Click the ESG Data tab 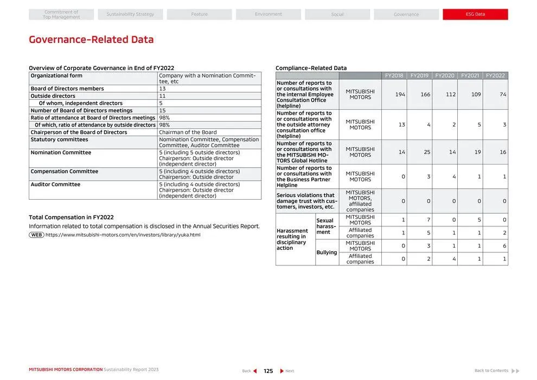(475, 15)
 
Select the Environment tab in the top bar (268, 15)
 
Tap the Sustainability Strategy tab (130, 15)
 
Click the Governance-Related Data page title (91, 40)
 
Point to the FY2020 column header (445, 75)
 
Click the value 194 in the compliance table (400, 94)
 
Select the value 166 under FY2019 (425, 94)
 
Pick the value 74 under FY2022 (503, 94)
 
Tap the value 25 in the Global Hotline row (427, 152)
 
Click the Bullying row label (327, 252)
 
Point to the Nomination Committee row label (61, 153)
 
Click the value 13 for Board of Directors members (162, 88)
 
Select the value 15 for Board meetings (162, 111)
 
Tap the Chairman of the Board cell (188, 132)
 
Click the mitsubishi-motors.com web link (123, 235)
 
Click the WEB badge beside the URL (36, 235)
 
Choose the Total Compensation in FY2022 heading (71, 217)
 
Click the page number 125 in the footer (268, 371)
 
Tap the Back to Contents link (491, 371)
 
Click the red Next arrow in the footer (282, 371)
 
